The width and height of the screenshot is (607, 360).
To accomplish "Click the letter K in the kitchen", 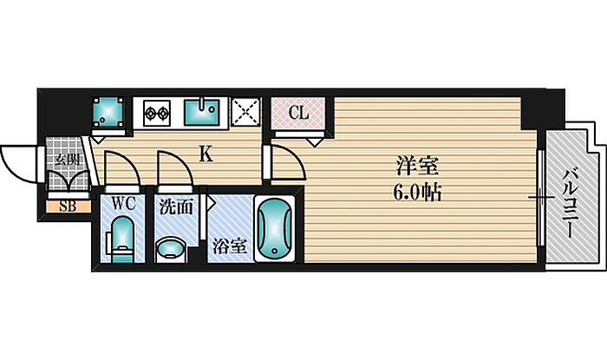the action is pos(206,154).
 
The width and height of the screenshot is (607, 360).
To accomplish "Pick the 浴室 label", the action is pos(229,245).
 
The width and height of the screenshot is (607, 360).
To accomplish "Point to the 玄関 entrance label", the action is pos(66,159).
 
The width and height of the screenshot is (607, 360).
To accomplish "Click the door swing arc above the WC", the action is pos(119,168).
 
